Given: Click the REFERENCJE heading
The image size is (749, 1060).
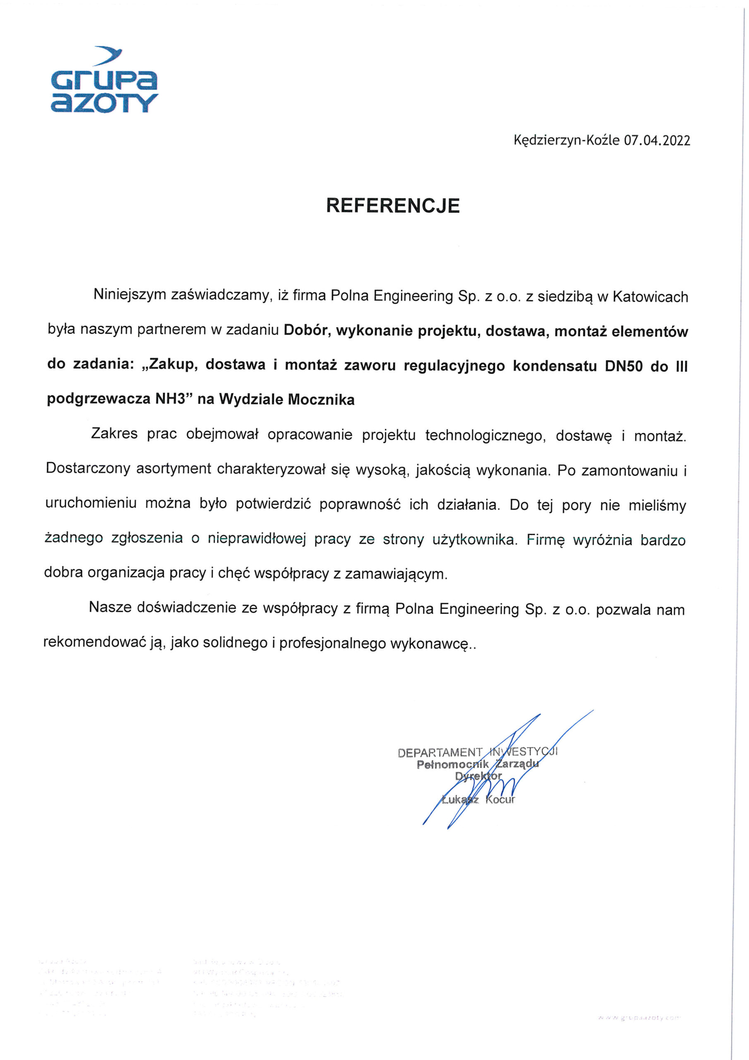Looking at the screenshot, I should coord(393,206).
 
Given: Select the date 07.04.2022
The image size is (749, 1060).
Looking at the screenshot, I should coord(657,140).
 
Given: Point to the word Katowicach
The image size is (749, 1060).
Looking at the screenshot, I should coord(650,297).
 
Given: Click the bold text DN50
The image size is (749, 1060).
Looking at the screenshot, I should coord(624,366).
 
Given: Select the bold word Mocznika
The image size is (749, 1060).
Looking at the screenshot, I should coord(321,399).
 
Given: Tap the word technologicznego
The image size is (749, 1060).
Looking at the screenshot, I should coord(485,435).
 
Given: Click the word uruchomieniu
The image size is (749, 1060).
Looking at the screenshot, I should coord(91,503).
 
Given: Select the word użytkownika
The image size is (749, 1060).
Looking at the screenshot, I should coord(474,539).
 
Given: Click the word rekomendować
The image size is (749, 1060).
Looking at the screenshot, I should coord(94,643).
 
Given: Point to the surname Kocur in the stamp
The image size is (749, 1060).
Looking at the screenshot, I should coord(500,799).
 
